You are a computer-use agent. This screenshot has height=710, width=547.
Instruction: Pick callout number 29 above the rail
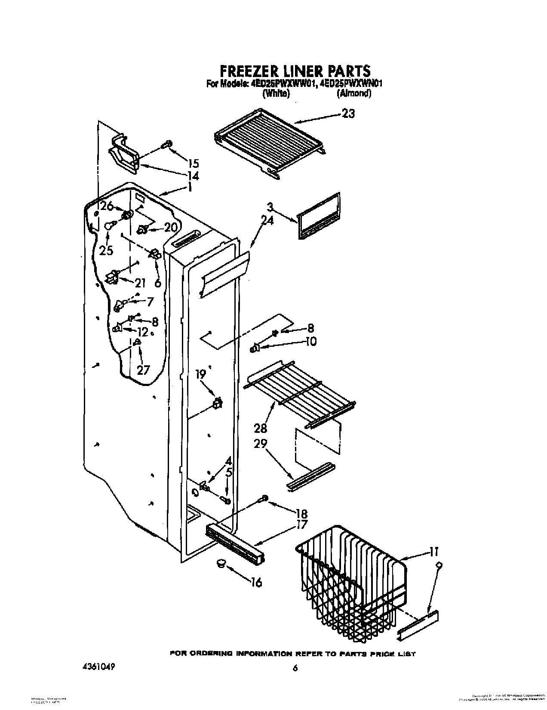[x=261, y=444]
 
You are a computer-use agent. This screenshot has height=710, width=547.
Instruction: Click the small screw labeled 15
[x=166, y=145]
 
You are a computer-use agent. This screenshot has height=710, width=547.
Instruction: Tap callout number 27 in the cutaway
[x=143, y=370]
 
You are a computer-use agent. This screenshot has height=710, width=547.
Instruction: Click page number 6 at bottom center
[x=295, y=656]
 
